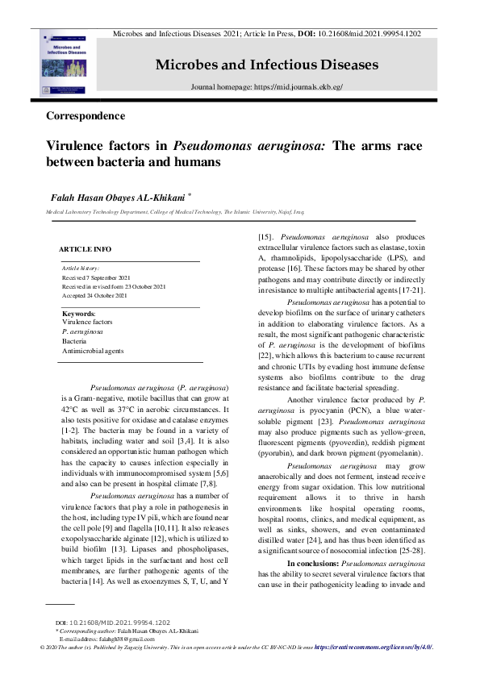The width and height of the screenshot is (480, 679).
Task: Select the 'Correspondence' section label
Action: click(x=86, y=115)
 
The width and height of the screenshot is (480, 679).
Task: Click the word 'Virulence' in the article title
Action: click(x=80, y=146)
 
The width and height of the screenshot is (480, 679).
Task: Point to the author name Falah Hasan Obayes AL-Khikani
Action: click(x=120, y=196)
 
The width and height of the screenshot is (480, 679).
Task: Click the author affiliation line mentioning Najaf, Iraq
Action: click(x=174, y=210)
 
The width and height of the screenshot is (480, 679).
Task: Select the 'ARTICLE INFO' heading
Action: click(x=86, y=249)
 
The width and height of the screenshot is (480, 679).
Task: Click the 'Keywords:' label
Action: click(x=79, y=313)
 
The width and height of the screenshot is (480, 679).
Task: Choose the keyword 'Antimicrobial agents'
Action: click(x=93, y=351)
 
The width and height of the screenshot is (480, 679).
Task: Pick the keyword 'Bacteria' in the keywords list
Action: click(x=75, y=341)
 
